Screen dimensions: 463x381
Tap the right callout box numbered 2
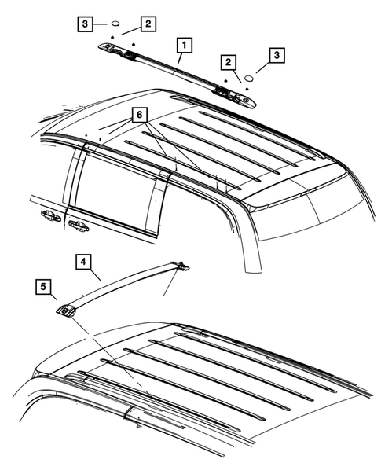[229, 61]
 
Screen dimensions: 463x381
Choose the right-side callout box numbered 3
[276, 56]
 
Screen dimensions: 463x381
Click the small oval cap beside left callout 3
[113, 24]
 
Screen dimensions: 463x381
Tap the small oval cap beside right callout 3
[248, 78]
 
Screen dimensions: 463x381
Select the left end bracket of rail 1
[115, 52]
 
